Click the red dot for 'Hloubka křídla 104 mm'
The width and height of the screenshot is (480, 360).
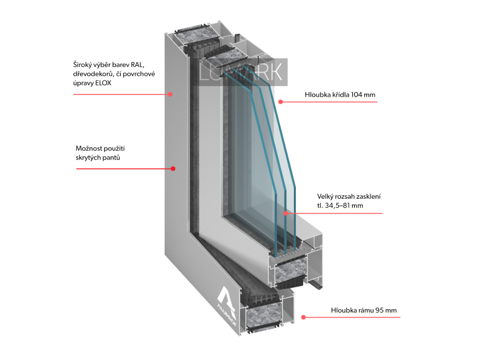coord(280,101)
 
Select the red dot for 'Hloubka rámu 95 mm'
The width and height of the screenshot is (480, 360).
coord(303,317)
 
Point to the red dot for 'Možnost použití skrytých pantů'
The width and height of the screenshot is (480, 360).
coord(173,169)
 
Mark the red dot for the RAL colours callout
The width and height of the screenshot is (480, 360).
coord(171,94)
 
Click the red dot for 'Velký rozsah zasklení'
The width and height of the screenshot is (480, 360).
coord(285,213)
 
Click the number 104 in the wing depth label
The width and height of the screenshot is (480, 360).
coord(356,95)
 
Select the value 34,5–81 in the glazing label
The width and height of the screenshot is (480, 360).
coord(337,205)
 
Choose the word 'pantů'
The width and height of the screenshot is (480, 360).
coord(112,158)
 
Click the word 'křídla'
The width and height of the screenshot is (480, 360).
coord(339,95)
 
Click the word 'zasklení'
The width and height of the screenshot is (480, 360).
coord(368,196)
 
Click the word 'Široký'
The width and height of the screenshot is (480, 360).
coord(82,64)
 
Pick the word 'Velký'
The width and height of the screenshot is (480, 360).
coord(325,196)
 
